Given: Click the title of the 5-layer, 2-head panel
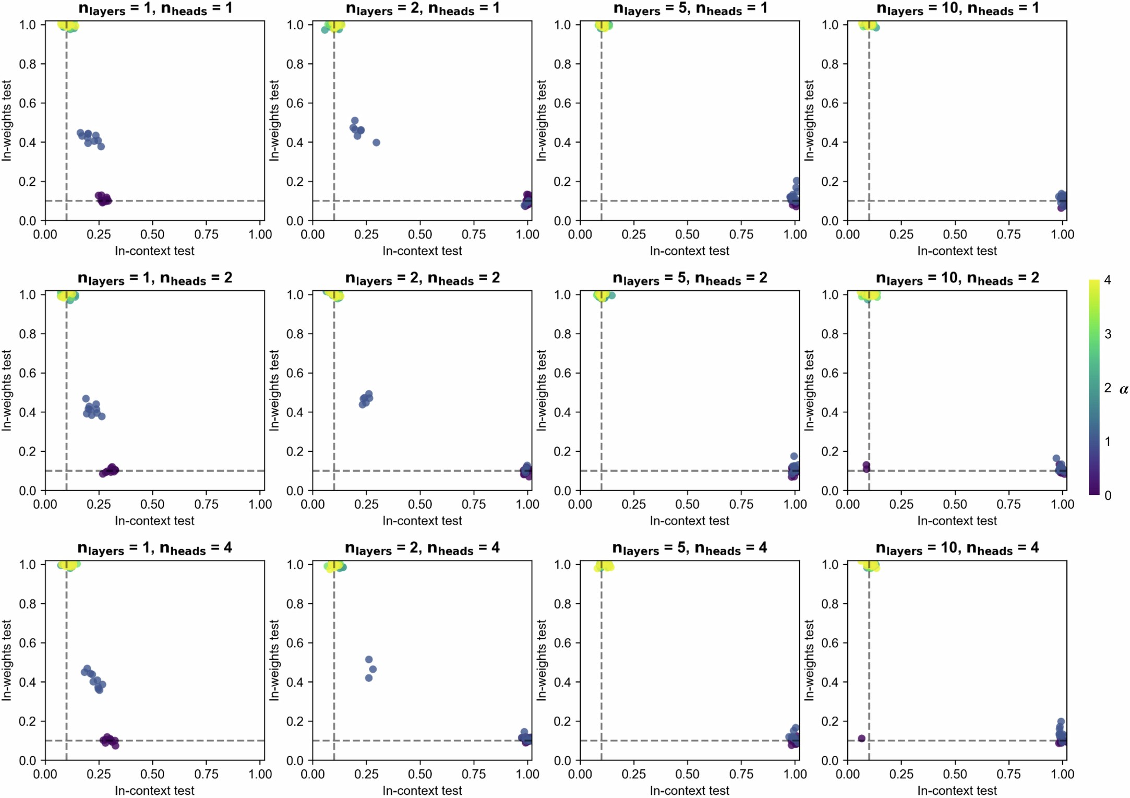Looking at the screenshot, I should tap(689, 279).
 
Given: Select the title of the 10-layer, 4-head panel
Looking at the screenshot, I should tap(957, 549).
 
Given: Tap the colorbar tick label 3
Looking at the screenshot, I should tap(1108, 334).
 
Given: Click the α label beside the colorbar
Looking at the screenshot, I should tap(1123, 389).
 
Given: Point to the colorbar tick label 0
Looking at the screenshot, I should tap(1108, 495).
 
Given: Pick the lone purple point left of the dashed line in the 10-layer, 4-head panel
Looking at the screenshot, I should tap(861, 738).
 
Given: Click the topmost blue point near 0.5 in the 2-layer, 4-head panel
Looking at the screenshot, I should tap(369, 659).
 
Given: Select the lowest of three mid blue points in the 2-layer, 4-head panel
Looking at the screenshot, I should tap(369, 678).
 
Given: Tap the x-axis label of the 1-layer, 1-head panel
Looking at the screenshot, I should tap(154, 251).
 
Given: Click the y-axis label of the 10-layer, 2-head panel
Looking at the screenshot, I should tap(809, 390).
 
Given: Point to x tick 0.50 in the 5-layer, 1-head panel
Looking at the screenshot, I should tap(688, 234).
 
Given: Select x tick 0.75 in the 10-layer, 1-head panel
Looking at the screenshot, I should tap(1008, 234).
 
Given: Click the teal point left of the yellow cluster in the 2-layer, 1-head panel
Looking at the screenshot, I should tap(325, 30).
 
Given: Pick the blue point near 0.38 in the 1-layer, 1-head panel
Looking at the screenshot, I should tap(101, 146).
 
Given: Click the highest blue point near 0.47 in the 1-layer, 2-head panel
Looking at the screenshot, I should tap(86, 399).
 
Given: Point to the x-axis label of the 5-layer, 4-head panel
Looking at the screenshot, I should tap(689, 791).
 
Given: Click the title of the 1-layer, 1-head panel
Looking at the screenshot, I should tap(155, 9).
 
